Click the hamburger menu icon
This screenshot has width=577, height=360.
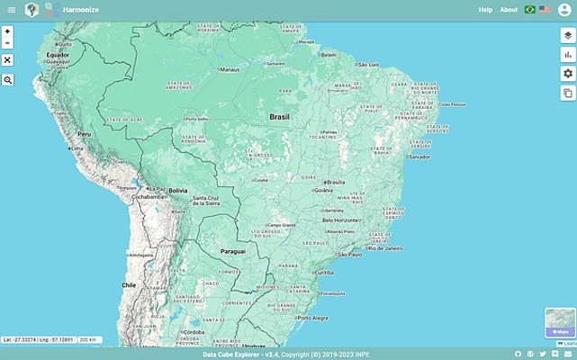tap(11, 10)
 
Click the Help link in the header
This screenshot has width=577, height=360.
tap(485, 10)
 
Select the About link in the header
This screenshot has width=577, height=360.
tap(509, 10)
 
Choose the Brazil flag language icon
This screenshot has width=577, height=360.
tap(530, 10)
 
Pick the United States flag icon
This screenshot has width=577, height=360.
tap(545, 10)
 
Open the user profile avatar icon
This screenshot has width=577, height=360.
tap(564, 10)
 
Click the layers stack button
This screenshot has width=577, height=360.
tap(567, 35)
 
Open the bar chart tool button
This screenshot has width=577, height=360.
tap(567, 54)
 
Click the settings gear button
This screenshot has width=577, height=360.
tap(567, 74)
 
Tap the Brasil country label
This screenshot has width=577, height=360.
tap(279, 117)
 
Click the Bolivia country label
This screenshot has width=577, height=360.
tap(177, 191)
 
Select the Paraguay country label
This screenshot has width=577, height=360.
tap(233, 251)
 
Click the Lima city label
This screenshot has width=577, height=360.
tap(77, 148)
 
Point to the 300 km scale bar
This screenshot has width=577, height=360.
tap(88, 339)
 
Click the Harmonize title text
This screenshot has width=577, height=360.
tap(81, 10)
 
